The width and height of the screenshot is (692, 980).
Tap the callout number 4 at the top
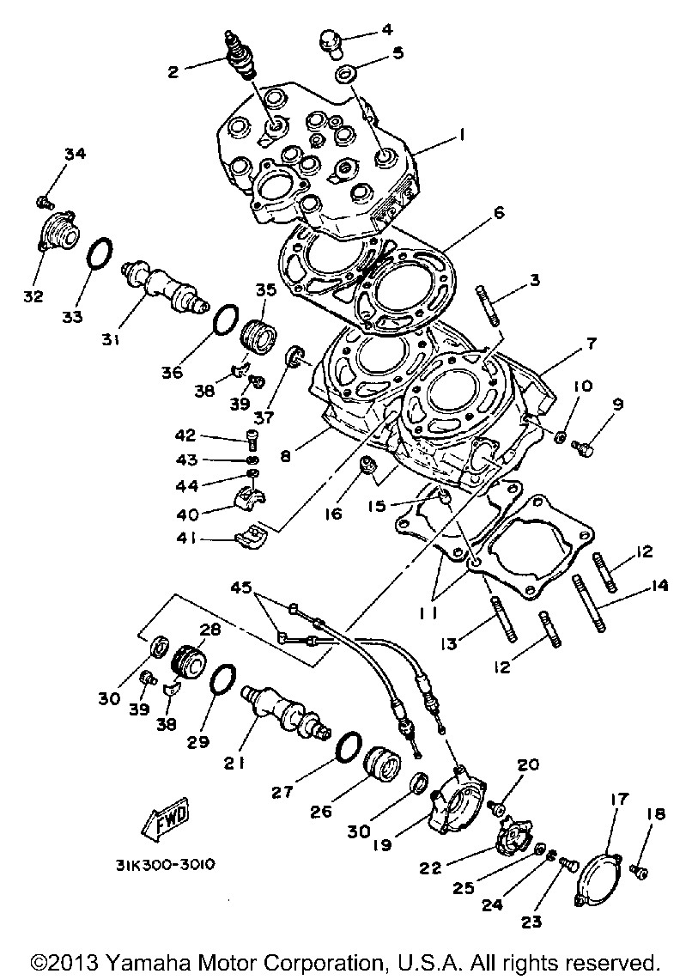387,28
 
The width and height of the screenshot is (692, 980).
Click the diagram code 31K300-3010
165,864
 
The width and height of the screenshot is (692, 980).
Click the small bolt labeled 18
638,870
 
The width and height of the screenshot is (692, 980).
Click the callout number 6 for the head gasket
497,212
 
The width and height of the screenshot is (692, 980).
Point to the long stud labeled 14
589,606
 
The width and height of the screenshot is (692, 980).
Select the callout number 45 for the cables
242,587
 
